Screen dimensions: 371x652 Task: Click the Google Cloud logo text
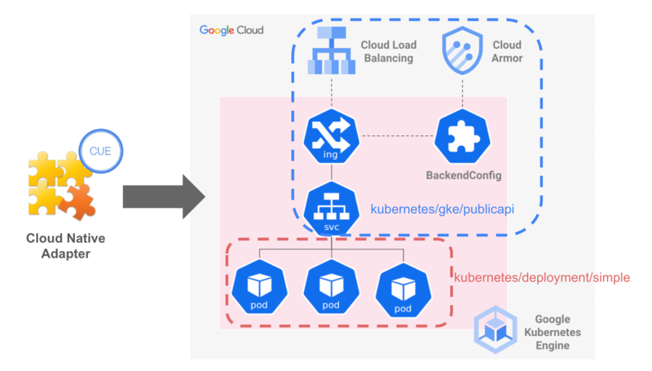coord(231,30)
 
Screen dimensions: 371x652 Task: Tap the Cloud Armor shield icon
coord(463,51)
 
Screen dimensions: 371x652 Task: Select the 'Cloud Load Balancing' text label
coord(386,51)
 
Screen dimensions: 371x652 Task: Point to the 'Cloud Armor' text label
coord(507,51)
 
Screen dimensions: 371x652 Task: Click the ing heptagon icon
coord(331,135)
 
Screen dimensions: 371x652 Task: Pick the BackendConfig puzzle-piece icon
coord(463,135)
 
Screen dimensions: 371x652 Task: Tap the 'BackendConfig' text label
coord(464,175)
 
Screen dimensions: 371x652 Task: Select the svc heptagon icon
coord(331,208)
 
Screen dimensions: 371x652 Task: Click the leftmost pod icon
coord(258,288)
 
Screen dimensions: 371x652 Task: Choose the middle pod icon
coord(330,288)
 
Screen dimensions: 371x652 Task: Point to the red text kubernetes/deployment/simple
coord(541,278)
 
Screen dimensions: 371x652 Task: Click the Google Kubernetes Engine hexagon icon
coord(496,328)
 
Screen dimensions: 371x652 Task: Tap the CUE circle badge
coord(100,150)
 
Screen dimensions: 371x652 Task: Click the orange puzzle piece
coord(78,201)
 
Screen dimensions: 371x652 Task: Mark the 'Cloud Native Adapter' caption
coord(65,247)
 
